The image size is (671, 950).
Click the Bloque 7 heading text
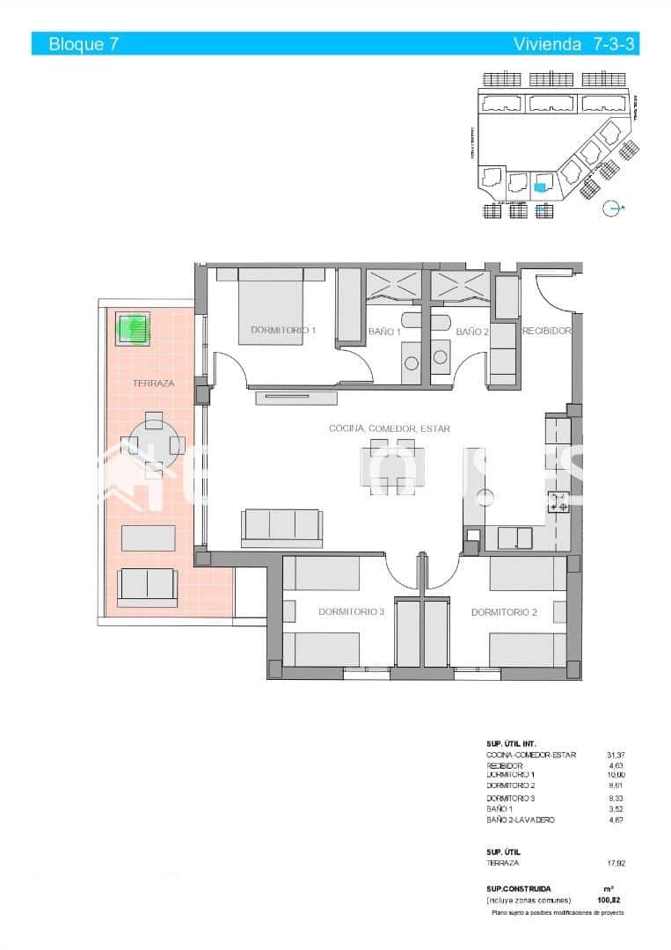pyautogui.click(x=84, y=44)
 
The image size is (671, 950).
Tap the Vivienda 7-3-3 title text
pyautogui.click(x=574, y=44)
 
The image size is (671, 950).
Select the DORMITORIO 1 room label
pyautogui.click(x=283, y=331)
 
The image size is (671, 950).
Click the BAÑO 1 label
pyautogui.click(x=384, y=332)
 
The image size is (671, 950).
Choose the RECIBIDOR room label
pyautogui.click(x=547, y=332)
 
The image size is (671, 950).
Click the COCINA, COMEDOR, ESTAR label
pyautogui.click(x=390, y=428)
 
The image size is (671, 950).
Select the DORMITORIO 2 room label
pyautogui.click(x=504, y=612)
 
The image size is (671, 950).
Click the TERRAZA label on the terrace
pyautogui.click(x=153, y=384)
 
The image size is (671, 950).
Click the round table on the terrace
pyautogui.click(x=154, y=445)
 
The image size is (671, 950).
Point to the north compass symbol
pyautogui.click(x=612, y=208)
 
